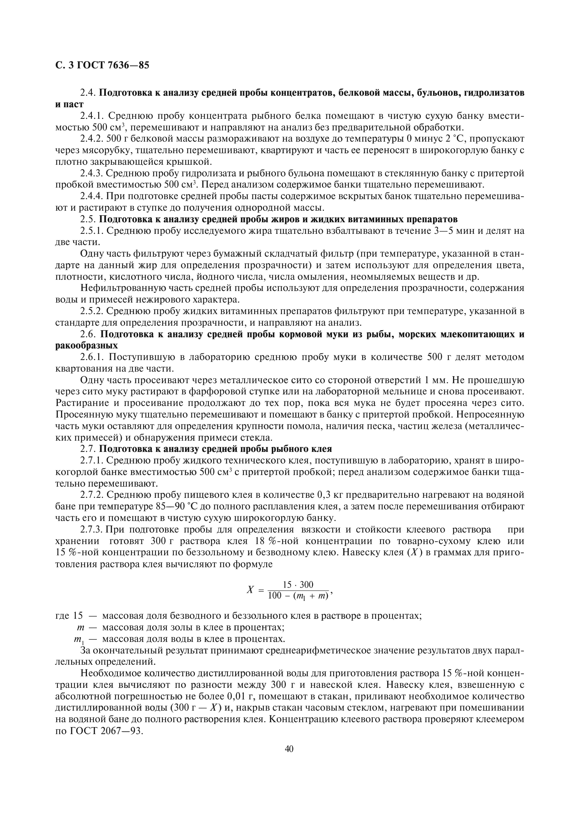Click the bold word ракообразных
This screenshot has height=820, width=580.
click(86, 346)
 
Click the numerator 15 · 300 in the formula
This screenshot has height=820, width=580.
click(298, 585)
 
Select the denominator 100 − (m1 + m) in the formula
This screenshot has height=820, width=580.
click(298, 596)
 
